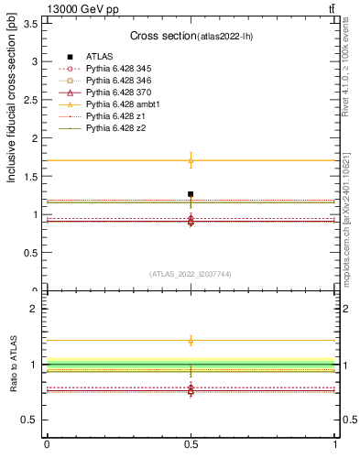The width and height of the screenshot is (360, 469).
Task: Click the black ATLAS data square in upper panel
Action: (191, 194)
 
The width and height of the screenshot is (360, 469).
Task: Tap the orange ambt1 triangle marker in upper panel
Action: (191, 161)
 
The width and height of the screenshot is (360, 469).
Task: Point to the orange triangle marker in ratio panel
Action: (191, 341)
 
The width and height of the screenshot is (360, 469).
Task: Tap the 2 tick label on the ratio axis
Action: (34, 310)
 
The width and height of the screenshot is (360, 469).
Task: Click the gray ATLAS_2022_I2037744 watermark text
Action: (191, 274)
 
